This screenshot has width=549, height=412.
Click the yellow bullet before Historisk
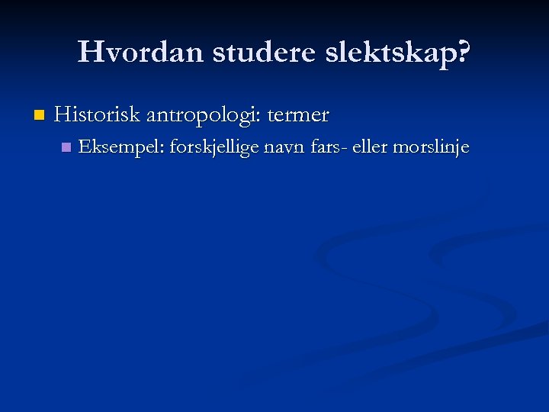(39, 116)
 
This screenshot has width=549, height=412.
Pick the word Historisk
(98, 115)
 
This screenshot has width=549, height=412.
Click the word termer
(298, 116)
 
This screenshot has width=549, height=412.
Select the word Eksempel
(119, 146)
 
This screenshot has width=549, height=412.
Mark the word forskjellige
(213, 147)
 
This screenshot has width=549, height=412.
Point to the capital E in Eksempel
(84, 146)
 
